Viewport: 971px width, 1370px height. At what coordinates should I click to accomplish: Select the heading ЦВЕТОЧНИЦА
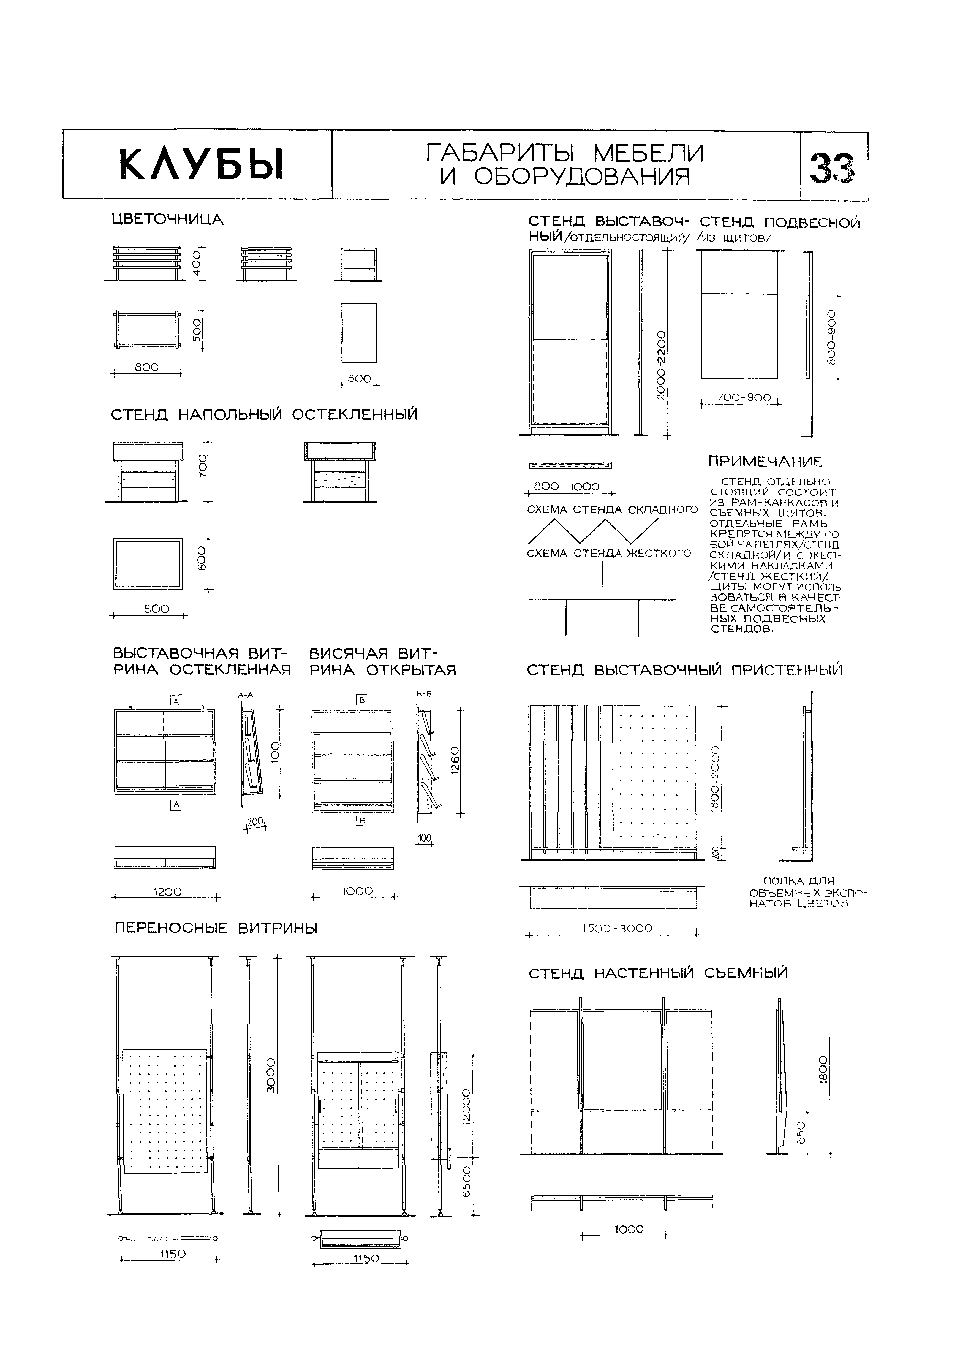[x=167, y=220]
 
